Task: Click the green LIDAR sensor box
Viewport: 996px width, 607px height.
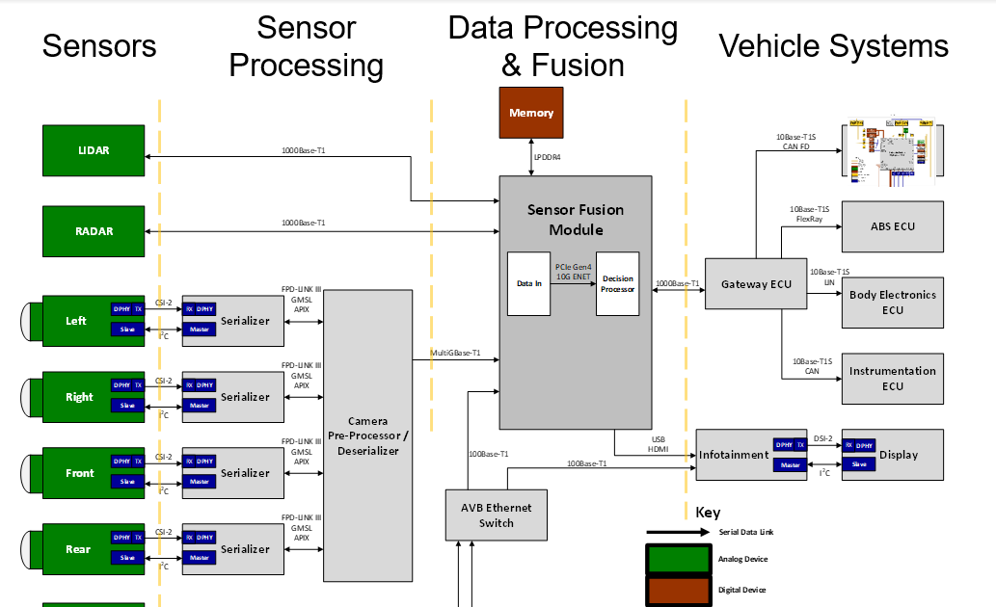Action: pos(93,150)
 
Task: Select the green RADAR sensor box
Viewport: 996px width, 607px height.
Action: pos(93,231)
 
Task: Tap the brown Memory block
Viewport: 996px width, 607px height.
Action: pos(531,113)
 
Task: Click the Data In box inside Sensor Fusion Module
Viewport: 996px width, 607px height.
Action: pos(529,284)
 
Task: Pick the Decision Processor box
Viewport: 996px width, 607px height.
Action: pos(617,284)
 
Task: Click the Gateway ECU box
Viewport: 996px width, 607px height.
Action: pos(756,284)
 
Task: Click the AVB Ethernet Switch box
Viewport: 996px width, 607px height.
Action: pos(497,515)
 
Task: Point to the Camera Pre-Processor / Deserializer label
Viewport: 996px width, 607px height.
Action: pos(367,435)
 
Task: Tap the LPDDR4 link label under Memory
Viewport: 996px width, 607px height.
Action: pos(548,156)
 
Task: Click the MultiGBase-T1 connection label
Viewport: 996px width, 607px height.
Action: pos(455,354)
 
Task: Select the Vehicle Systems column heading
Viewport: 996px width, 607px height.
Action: pos(834,45)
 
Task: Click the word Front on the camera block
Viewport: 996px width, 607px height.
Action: pos(80,473)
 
